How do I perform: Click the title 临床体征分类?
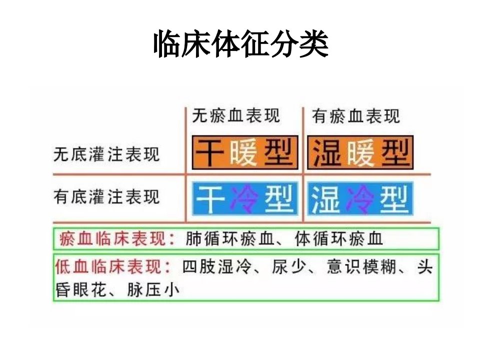[x=240, y=44]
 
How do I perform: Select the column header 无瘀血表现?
[x=236, y=115]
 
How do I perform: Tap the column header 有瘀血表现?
[x=356, y=116]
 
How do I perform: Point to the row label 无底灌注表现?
[x=106, y=154]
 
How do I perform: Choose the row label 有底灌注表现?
[x=106, y=196]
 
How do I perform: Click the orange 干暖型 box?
[x=245, y=152]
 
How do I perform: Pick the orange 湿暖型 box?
[x=360, y=152]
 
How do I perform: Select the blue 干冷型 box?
[x=245, y=198]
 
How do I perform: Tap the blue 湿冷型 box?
[x=360, y=198]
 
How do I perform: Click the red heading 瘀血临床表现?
[x=117, y=239]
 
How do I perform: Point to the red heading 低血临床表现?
[x=113, y=266]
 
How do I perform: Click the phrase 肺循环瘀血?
[x=229, y=239]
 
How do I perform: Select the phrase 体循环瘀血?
[x=339, y=239]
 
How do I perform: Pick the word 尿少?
[x=289, y=266]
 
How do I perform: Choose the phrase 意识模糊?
[x=361, y=266]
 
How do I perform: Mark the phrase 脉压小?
[x=153, y=289]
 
